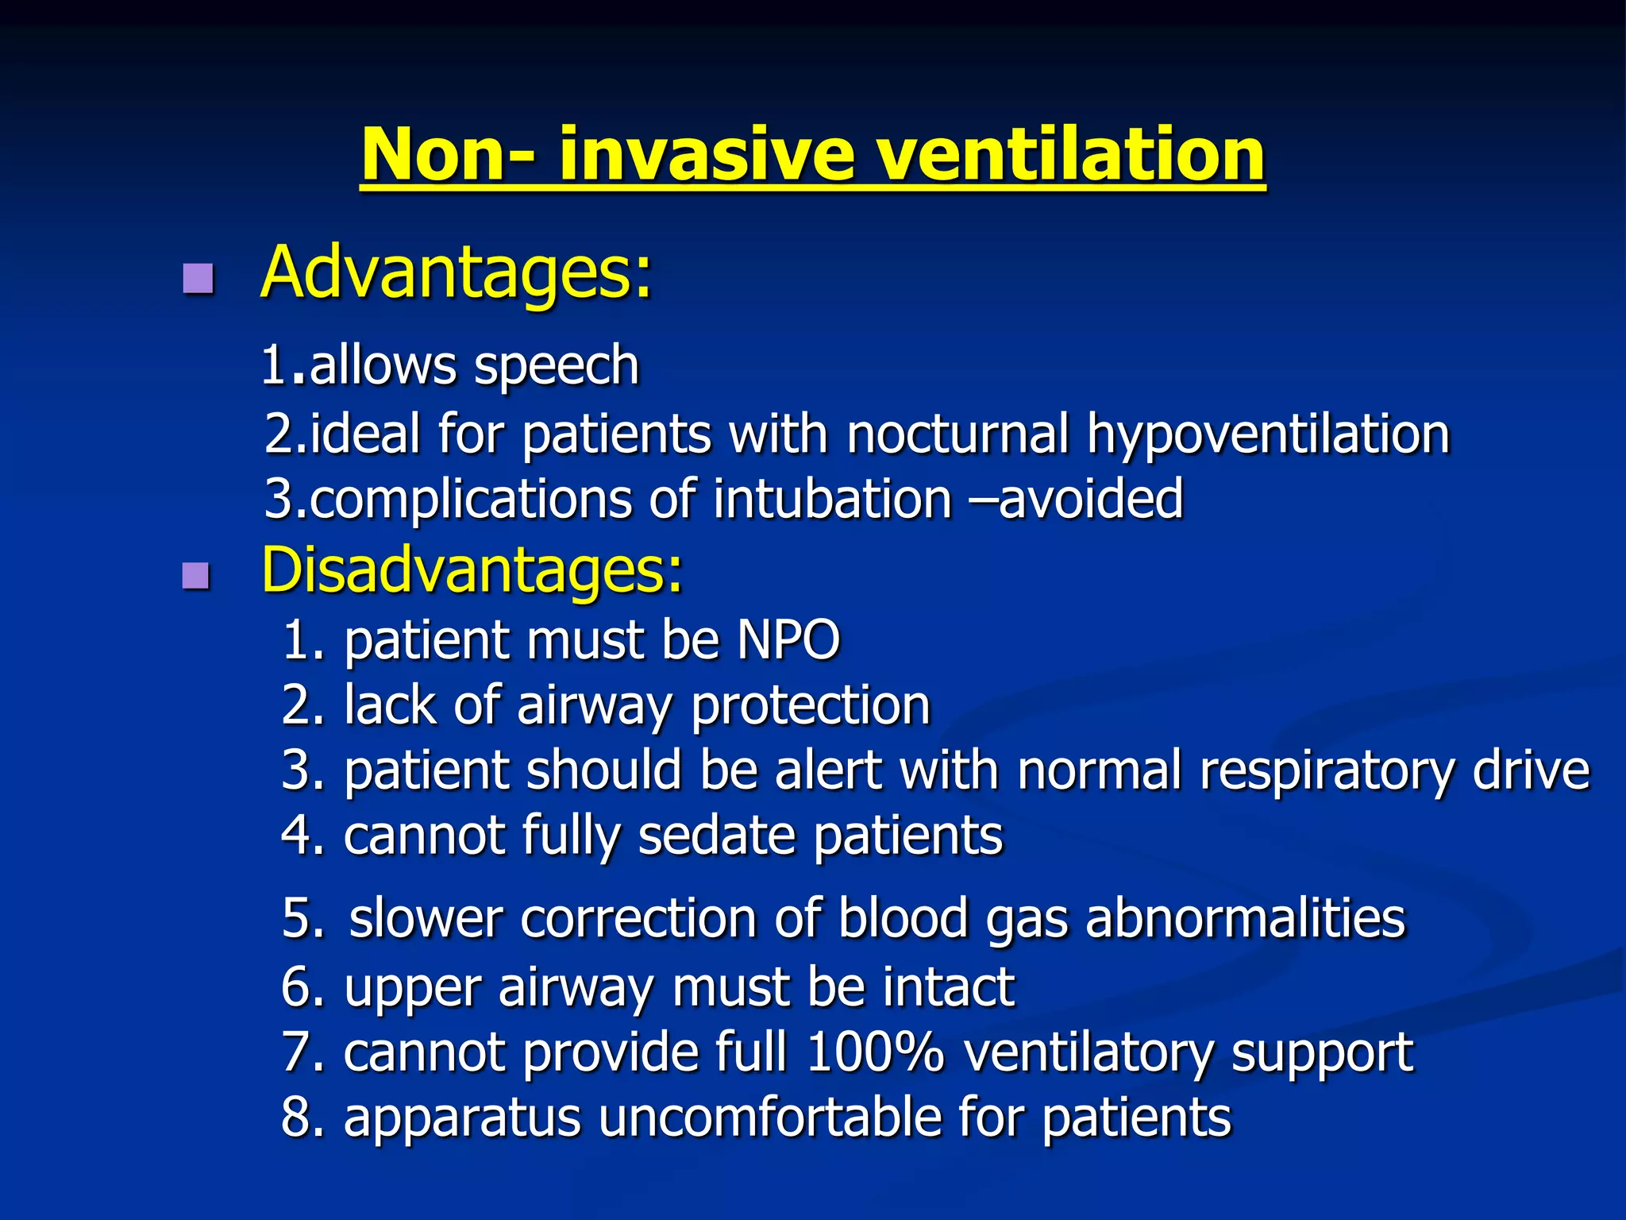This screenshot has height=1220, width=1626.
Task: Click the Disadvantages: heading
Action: pos(472,569)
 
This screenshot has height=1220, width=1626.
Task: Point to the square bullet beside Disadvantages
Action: pos(196,575)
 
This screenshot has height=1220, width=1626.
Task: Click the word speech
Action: pos(556,367)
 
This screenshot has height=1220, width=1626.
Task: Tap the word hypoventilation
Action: pos(1268,434)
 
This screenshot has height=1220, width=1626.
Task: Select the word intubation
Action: pos(832,500)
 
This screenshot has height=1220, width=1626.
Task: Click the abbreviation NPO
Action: pos(788,639)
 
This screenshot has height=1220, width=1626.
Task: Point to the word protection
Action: pos(811,705)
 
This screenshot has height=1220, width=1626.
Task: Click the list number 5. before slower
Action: pos(303,919)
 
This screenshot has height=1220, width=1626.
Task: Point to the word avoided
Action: pos(1090,500)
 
